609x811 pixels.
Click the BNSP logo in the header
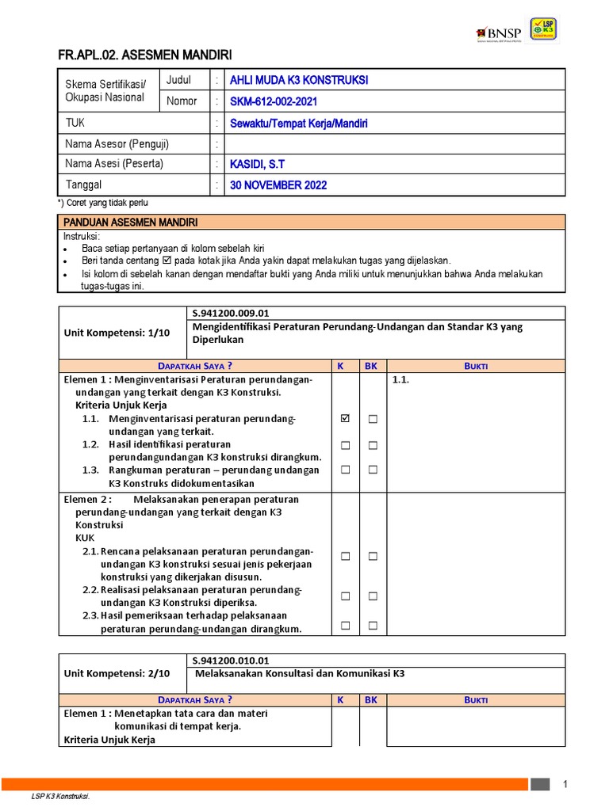499,32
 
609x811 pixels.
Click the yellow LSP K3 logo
543,29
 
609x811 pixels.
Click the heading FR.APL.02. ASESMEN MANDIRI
145,55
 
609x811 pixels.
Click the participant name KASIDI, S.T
257,164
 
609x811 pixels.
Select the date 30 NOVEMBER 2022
278,185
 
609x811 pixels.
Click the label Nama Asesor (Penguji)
117,144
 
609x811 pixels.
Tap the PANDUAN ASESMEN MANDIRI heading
131,222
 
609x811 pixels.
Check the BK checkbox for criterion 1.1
373,419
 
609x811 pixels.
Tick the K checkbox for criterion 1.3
345,470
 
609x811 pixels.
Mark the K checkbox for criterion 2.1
345,557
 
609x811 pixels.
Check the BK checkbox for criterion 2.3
373,626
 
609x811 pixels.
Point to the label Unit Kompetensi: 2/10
117,673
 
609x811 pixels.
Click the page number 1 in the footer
565,784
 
